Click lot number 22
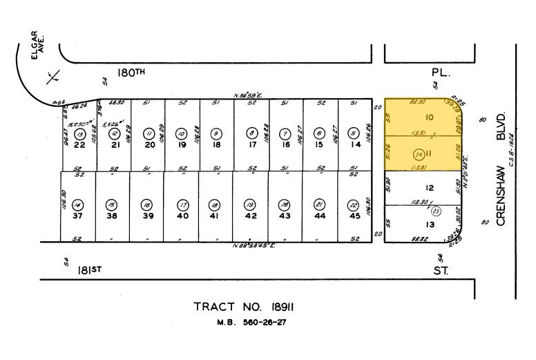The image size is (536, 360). pyautogui.click(x=79, y=144)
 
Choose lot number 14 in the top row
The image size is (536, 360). pyautogui.click(x=354, y=144)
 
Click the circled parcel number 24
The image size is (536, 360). pyautogui.click(x=419, y=153)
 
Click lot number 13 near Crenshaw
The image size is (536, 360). pyautogui.click(x=430, y=225)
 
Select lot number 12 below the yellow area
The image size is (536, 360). pyautogui.click(x=429, y=188)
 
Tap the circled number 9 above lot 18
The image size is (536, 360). pyautogui.click(x=216, y=133)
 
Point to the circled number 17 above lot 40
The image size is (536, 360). pyautogui.click(x=182, y=205)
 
